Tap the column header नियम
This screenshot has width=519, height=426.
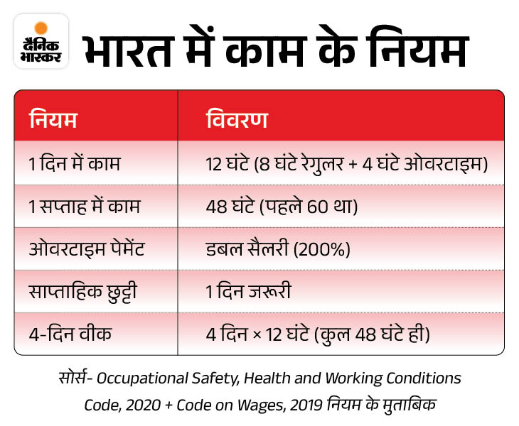pos(53,118)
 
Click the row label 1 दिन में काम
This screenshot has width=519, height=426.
pos(75,164)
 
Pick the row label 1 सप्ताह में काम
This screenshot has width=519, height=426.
pos(85,207)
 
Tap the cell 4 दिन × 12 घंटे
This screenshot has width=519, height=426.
pos(316,334)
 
